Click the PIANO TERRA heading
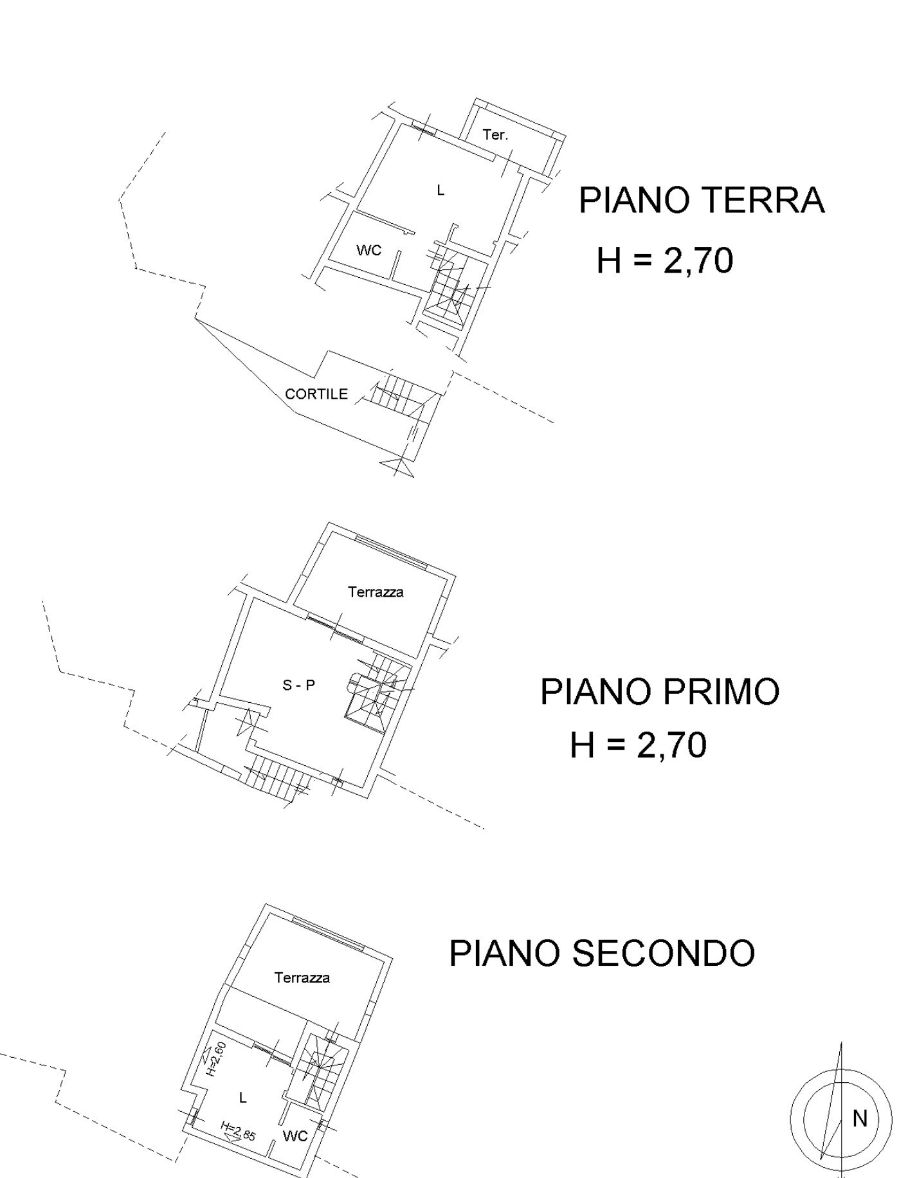(701, 200)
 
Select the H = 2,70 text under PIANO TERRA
(664, 260)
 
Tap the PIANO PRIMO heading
(659, 692)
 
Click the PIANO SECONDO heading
(601, 953)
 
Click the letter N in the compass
(860, 1119)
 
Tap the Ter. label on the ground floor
(495, 135)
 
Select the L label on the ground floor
(440, 190)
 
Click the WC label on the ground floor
(368, 250)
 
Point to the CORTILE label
(316, 394)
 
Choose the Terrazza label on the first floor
(376, 592)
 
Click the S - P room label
(299, 685)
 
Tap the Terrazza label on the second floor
(302, 978)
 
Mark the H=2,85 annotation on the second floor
(238, 1131)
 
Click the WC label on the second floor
(295, 1136)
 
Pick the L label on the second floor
(242, 1098)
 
